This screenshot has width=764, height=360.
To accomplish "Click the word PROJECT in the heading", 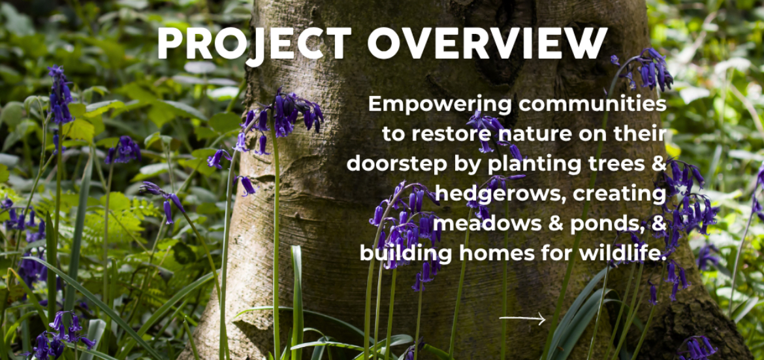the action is point(254,43).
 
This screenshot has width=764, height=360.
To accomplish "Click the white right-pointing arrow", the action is point(522,319).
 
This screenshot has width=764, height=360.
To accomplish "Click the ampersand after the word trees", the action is point(658,165).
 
